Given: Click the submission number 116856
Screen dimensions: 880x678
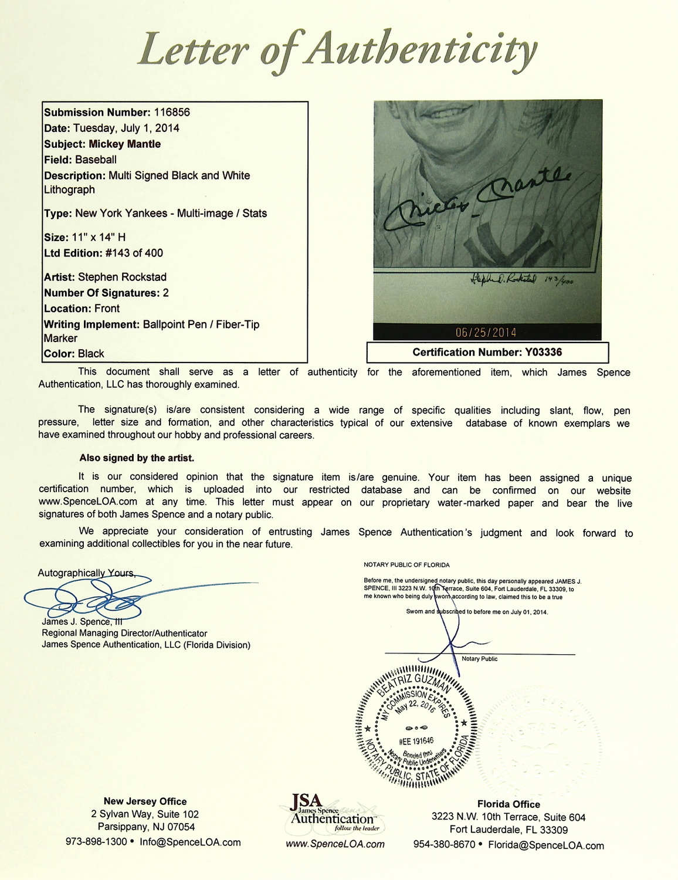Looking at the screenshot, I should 171,112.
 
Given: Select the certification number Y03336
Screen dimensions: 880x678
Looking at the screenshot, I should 542,352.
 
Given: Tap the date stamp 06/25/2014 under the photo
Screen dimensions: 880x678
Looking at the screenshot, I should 486,333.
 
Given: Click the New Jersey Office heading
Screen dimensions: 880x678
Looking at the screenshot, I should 145,801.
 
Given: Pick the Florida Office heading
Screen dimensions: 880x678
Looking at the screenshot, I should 508,804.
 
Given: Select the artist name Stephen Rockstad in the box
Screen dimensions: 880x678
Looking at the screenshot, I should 122,277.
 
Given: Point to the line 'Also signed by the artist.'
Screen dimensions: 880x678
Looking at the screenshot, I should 137,458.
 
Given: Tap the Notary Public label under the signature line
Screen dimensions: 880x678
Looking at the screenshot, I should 479,659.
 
